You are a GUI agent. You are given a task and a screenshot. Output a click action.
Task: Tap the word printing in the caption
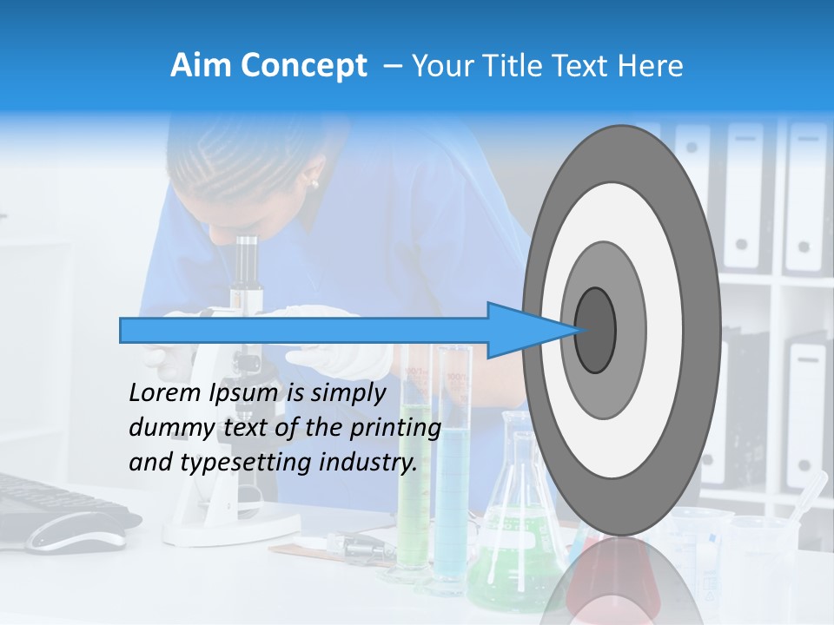tap(395, 428)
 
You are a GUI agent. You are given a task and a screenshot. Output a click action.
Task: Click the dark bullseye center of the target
tap(595, 330)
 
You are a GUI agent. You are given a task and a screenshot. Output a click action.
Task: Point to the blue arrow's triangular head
tap(521, 330)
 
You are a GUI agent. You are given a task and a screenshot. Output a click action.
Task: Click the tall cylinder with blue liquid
tap(453, 486)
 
